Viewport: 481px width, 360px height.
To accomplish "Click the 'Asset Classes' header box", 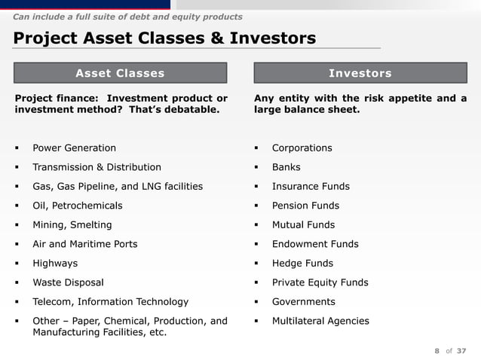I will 120,73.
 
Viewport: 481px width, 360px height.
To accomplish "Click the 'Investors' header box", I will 360,73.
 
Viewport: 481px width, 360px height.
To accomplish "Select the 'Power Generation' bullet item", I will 74,148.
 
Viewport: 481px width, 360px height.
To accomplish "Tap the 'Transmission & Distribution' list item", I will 97,167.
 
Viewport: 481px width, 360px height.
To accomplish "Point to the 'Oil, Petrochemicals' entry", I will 77,206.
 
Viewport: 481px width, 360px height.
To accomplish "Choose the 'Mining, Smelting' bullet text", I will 72,224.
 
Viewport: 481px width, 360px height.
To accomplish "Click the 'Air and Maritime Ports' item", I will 84,244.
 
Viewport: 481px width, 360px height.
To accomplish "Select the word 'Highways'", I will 54,264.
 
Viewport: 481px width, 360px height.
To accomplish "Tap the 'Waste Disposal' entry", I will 68,282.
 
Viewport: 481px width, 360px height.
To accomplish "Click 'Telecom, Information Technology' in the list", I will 110,302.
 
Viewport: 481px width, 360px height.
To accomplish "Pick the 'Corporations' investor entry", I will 302,148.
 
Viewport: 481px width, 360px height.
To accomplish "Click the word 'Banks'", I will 286,167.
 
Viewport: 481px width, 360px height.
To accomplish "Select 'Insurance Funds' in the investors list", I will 311,187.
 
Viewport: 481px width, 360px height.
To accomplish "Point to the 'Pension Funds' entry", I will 305,206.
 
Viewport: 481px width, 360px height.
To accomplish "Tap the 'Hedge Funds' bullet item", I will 302,264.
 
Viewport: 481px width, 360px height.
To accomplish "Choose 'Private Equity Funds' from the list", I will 320,282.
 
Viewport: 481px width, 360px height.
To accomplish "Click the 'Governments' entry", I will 303,302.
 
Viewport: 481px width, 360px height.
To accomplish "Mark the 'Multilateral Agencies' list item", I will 320,321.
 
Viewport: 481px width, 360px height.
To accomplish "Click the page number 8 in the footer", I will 437,350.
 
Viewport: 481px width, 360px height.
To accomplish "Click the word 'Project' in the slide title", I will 46,38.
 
